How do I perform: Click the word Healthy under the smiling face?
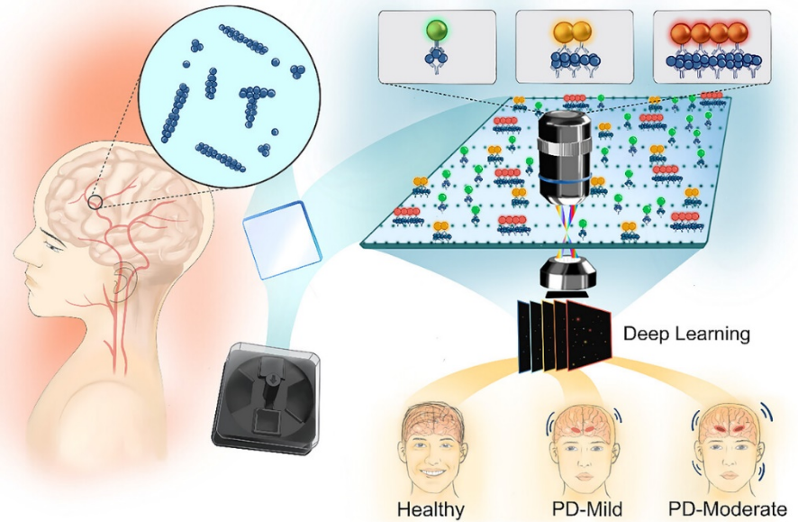pos(431,508)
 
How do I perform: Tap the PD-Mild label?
pos(587,508)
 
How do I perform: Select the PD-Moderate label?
pos(728,508)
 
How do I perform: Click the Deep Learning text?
pos(686,334)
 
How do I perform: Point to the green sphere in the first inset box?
pos(436,30)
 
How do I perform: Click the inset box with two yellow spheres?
pos(575,46)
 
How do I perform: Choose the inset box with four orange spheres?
pos(712,46)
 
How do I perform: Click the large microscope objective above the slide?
pos(565,156)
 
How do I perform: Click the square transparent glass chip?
pos(282,240)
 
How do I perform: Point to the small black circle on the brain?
pos(95,202)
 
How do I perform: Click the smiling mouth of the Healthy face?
pos(431,473)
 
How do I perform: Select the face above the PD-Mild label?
pos(585,448)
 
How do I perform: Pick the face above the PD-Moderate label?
pos(728,447)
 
